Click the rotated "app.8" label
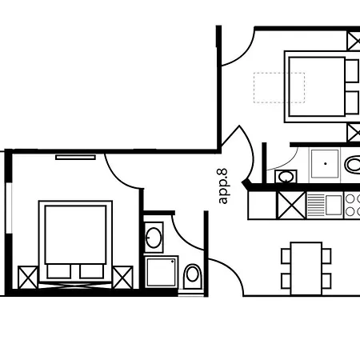point(222,186)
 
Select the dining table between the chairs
point(306,269)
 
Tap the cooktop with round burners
point(352,205)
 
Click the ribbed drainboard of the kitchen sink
point(315,205)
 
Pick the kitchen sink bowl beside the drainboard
point(334,205)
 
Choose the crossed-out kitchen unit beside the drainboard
point(291,206)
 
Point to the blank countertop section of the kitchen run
point(262,206)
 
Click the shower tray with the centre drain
point(325,164)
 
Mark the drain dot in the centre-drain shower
point(326,163)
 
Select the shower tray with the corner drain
point(162,272)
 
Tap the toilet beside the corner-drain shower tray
point(193,277)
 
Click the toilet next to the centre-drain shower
point(353,165)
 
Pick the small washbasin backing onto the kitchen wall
point(286,176)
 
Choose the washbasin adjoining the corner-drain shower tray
point(154,238)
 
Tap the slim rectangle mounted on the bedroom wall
point(75,158)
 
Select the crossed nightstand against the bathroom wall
point(122,278)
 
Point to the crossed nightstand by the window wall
point(28,278)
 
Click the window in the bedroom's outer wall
point(9,208)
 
